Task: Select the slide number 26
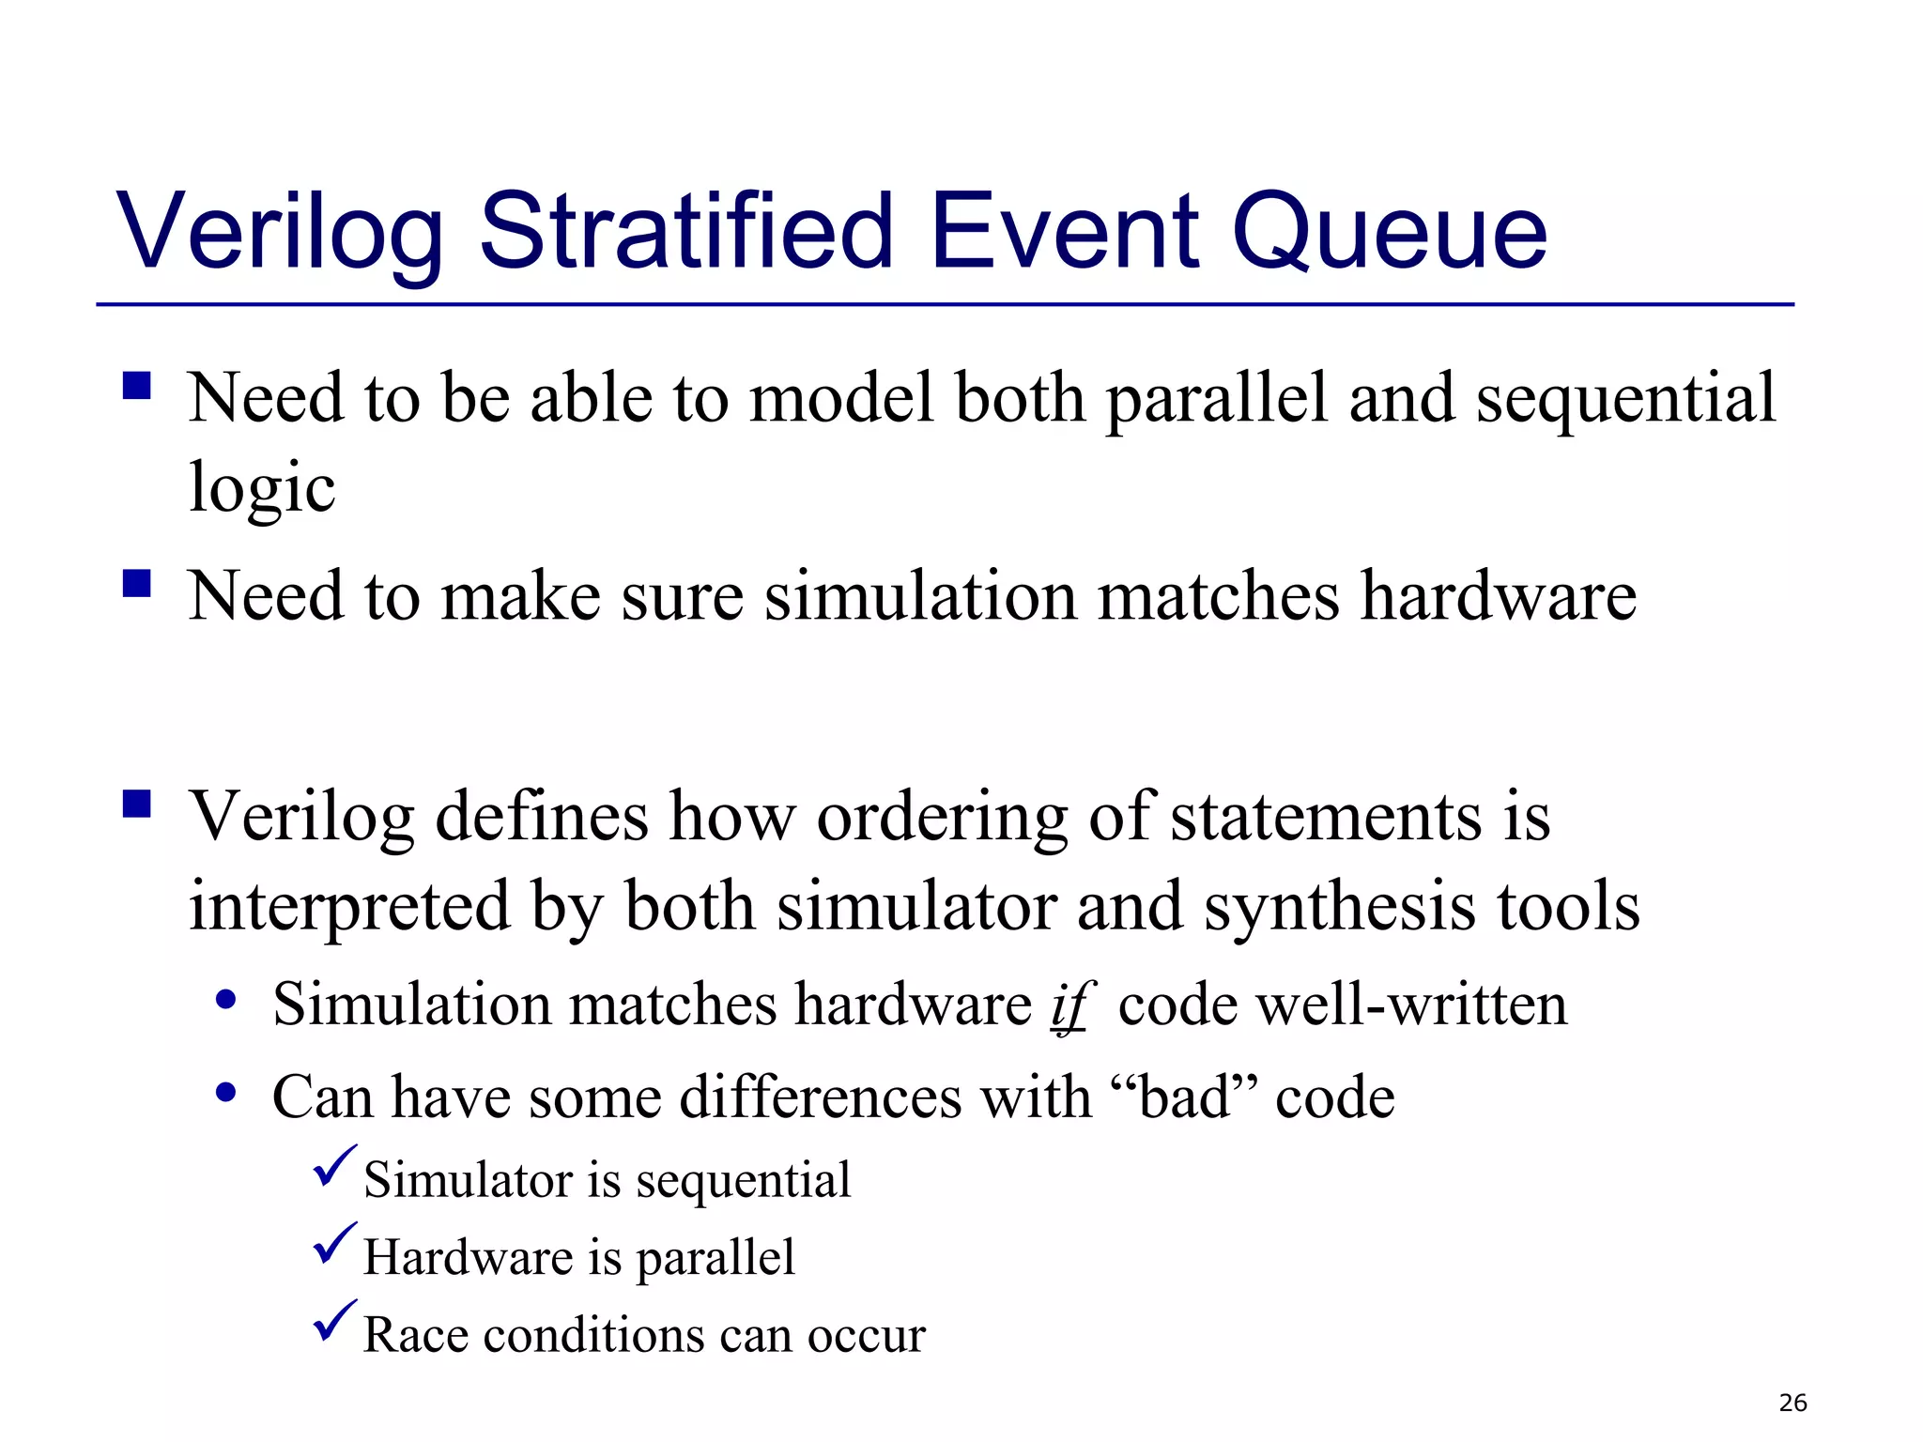point(1792,1403)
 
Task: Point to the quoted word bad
point(1184,1097)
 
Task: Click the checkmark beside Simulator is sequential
point(333,1167)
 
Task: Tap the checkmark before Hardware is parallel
point(333,1245)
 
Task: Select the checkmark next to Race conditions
point(333,1322)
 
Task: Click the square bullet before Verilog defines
point(137,805)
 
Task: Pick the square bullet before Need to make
point(137,584)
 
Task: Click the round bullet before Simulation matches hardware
point(225,1001)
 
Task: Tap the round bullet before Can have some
point(225,1093)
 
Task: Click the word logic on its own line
point(262,488)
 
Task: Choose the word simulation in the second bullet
point(920,597)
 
